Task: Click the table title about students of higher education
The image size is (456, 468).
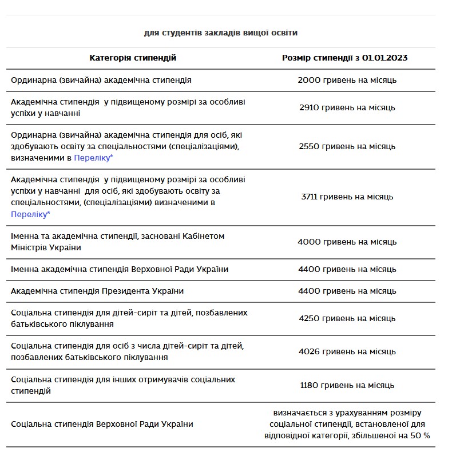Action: pyautogui.click(x=220, y=33)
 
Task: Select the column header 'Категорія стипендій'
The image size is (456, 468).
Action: pyautogui.click(x=133, y=58)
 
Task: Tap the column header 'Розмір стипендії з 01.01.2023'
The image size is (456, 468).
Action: pyautogui.click(x=345, y=58)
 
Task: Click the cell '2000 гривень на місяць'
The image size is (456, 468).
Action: pyautogui.click(x=347, y=80)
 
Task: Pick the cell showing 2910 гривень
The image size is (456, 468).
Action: pyautogui.click(x=347, y=107)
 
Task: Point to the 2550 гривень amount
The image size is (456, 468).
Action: pyautogui.click(x=347, y=146)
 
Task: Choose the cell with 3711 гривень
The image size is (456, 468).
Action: pyautogui.click(x=347, y=197)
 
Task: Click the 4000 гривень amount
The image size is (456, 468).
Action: pyautogui.click(x=347, y=242)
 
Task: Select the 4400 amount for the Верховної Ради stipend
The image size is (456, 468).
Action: pyautogui.click(x=347, y=269)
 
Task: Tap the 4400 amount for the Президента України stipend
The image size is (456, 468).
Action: pyautogui.click(x=347, y=291)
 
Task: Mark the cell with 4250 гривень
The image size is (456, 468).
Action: pyautogui.click(x=347, y=318)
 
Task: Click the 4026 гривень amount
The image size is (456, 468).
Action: pyautogui.click(x=347, y=351)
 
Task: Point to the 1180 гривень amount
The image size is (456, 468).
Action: pyautogui.click(x=347, y=385)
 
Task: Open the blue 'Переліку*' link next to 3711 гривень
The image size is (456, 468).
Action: pyautogui.click(x=30, y=214)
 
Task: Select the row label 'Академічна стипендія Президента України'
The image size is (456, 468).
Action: pyautogui.click(x=97, y=291)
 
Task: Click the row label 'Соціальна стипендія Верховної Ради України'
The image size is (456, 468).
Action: pyautogui.click(x=102, y=424)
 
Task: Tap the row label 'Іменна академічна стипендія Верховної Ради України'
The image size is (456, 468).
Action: pyautogui.click(x=120, y=269)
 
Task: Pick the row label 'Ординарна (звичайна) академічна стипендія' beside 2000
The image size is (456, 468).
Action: pyautogui.click(x=101, y=80)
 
